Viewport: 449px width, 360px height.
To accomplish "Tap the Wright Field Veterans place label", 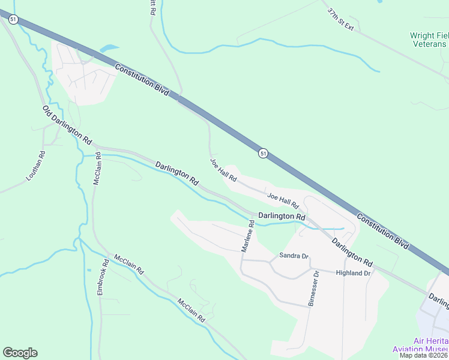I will point(429,40).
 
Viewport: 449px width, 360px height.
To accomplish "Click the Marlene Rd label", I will point(248,236).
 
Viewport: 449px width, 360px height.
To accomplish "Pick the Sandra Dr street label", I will point(294,256).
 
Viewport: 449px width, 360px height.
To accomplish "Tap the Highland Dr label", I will point(353,273).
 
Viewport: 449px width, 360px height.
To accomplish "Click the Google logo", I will point(20,353).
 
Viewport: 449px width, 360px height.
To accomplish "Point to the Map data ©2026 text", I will point(424,355).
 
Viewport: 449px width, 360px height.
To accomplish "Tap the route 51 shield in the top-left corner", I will point(14,19).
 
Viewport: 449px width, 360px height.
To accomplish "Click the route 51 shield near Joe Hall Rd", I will point(263,154).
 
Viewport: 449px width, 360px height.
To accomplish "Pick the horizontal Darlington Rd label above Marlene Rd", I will point(282,216).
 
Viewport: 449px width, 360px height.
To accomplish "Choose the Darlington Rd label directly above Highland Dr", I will point(352,250).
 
